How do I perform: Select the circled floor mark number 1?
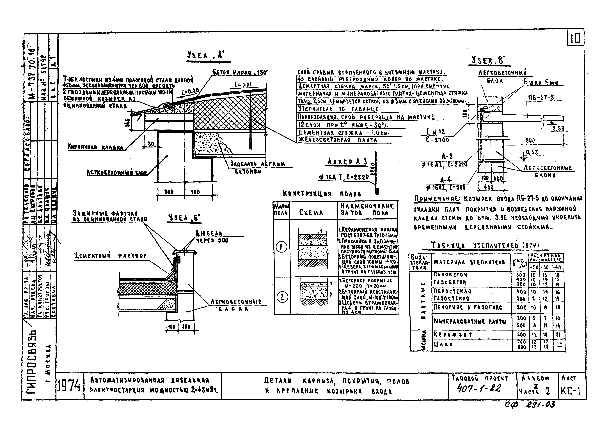click(281, 246)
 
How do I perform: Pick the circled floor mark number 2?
click(282, 297)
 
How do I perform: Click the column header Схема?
click(311, 213)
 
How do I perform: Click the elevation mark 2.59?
click(558, 129)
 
